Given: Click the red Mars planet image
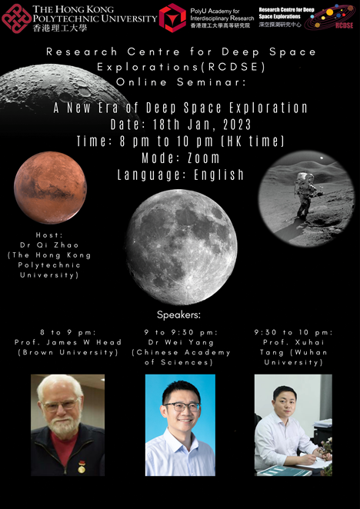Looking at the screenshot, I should pyautogui.click(x=50, y=187).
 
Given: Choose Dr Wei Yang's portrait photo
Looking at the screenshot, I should pyautogui.click(x=180, y=424).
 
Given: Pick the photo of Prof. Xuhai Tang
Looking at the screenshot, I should pyautogui.click(x=293, y=424).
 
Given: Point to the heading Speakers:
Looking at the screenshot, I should pyautogui.click(x=179, y=314).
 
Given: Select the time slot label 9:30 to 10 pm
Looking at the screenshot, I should pyautogui.click(x=292, y=332).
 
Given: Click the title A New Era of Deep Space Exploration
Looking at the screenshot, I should pyautogui.click(x=180, y=108).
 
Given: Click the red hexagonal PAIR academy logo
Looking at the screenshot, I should pyautogui.click(x=172, y=17).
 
